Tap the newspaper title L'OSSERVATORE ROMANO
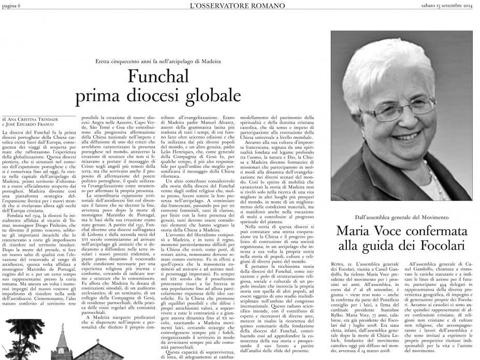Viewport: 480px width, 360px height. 240,6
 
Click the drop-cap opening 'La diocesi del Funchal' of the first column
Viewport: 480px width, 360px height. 28,134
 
